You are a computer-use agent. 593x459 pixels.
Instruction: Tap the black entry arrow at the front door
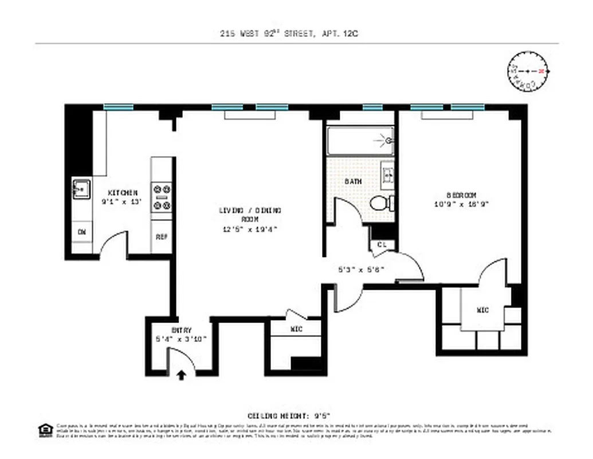point(182,375)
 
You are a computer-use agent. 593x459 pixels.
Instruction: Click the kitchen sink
point(81,189)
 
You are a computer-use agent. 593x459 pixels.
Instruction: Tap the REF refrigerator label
point(161,236)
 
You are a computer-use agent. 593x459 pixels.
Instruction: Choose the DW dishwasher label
point(81,232)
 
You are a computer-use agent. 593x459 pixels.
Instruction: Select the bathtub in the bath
point(360,141)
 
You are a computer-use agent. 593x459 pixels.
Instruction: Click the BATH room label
point(352,181)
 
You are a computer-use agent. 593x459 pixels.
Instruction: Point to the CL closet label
point(382,244)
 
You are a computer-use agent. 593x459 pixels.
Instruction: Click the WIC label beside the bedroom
point(482,310)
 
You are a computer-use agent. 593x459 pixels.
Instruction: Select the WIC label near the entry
point(297,329)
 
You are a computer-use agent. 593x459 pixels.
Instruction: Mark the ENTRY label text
point(182,330)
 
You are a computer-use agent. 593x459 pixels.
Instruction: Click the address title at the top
point(289,34)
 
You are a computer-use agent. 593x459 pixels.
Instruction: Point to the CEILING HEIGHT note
point(289,415)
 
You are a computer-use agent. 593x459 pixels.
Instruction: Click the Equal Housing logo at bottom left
point(44,430)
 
